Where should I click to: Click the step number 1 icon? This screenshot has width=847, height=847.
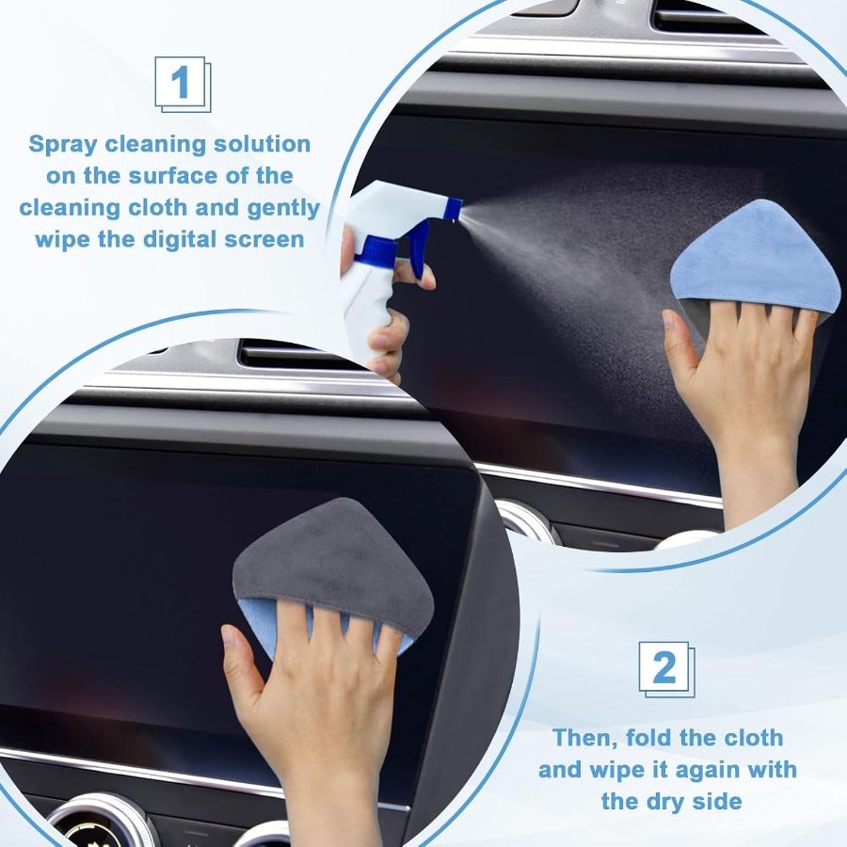pyautogui.click(x=183, y=85)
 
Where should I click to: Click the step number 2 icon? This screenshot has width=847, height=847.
pyautogui.click(x=666, y=669)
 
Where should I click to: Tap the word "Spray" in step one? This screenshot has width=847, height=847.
pyautogui.click(x=63, y=145)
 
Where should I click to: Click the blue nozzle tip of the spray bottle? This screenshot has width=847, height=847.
pyautogui.click(x=455, y=210)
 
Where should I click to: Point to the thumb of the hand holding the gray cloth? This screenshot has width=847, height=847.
pyautogui.click(x=242, y=658)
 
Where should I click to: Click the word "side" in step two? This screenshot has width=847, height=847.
pyautogui.click(x=718, y=802)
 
